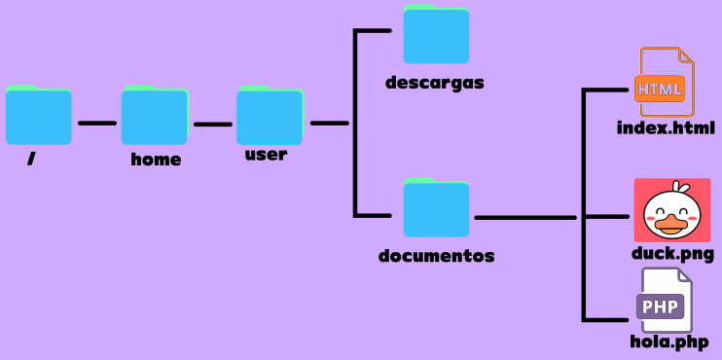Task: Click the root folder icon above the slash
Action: coord(38,116)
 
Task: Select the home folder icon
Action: coord(154,116)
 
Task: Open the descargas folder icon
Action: coord(436,36)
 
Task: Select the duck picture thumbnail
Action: coord(672,210)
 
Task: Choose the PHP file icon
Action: coord(666,303)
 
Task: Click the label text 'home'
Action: coord(156,160)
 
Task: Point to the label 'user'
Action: coord(266,154)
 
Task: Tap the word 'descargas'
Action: coord(434,83)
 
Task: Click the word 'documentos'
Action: coord(437,257)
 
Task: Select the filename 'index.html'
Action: coord(666,128)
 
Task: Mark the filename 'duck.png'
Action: coord(672,254)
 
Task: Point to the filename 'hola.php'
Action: coord(668,342)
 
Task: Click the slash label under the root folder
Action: coord(31,159)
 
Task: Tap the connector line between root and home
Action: coord(96,124)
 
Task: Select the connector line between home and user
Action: coord(212,124)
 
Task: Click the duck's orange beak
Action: coord(670,226)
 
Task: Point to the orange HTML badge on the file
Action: coord(660,90)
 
